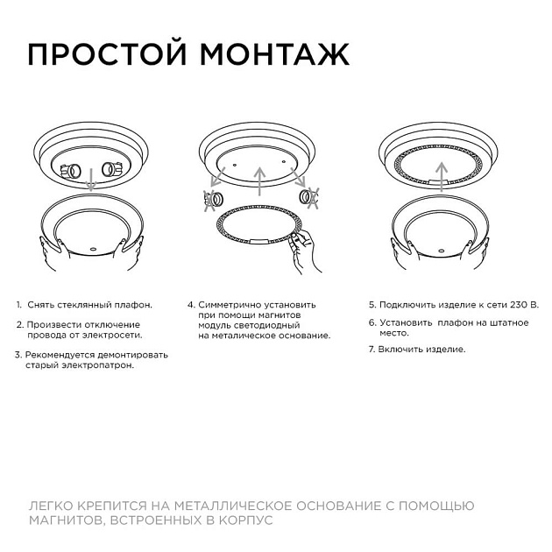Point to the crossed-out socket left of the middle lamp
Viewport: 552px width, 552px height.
pyautogui.click(x=211, y=200)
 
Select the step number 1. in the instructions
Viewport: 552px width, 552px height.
pyautogui.click(x=18, y=305)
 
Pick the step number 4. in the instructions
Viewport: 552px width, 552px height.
pyautogui.click(x=191, y=305)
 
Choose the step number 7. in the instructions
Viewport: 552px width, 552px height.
pyautogui.click(x=372, y=349)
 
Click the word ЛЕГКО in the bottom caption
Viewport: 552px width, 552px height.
pyautogui.click(x=52, y=506)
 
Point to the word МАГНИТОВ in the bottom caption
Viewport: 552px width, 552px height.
pyautogui.click(x=62, y=520)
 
